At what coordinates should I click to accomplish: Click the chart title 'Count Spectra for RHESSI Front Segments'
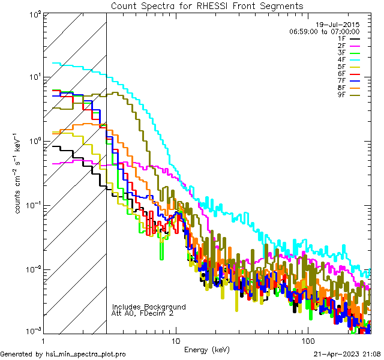tap(207, 5)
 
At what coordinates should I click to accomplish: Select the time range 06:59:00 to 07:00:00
tap(324, 31)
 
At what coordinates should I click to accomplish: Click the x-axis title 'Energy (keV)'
tap(206, 349)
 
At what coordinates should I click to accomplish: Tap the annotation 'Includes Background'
tap(148, 307)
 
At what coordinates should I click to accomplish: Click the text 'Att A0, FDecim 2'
tap(143, 313)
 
